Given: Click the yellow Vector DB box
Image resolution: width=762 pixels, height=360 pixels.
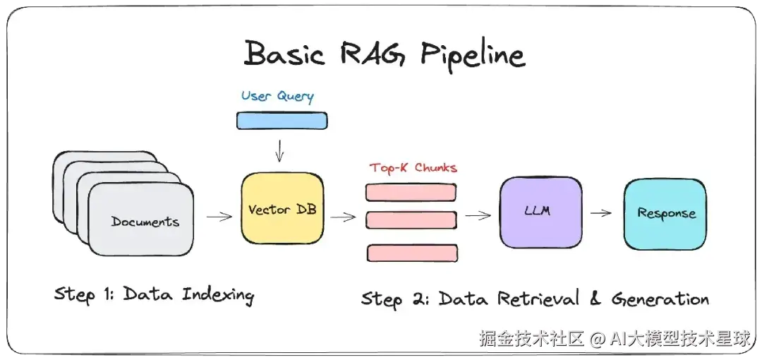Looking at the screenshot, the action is click(x=282, y=208).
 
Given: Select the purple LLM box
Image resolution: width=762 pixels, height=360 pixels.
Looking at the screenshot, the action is click(x=541, y=212).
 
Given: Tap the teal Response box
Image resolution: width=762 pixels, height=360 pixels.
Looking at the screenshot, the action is click(x=665, y=214).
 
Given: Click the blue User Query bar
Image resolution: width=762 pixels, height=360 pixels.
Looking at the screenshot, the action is click(x=282, y=121).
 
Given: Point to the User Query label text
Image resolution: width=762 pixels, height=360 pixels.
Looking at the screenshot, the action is click(x=277, y=96).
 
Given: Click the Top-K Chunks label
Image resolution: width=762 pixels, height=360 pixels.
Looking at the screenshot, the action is click(x=413, y=168).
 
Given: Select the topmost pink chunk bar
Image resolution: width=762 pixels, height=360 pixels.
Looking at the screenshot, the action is click(x=411, y=192).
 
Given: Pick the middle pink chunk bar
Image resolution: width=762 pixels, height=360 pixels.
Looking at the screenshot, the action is click(x=411, y=220).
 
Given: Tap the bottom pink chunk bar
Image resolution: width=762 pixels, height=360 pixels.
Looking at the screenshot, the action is click(x=412, y=253).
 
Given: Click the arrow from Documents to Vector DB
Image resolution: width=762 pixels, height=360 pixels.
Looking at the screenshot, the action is click(x=219, y=217).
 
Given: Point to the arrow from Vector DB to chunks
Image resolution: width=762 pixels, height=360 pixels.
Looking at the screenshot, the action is click(x=344, y=217).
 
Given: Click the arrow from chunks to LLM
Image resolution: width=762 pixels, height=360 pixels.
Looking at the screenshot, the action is click(x=478, y=215).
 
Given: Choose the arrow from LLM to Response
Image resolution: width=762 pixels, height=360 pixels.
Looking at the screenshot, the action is click(x=600, y=212).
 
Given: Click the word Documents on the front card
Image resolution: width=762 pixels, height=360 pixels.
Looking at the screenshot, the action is click(x=145, y=222).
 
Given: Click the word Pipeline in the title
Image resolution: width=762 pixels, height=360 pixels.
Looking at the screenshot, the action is click(x=473, y=55).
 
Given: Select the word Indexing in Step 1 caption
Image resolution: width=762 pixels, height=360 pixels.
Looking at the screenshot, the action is click(x=217, y=295).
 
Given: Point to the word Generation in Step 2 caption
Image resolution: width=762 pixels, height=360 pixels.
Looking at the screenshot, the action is click(x=660, y=299).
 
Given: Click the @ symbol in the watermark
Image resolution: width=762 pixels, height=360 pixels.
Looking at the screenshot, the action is click(x=598, y=339).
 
